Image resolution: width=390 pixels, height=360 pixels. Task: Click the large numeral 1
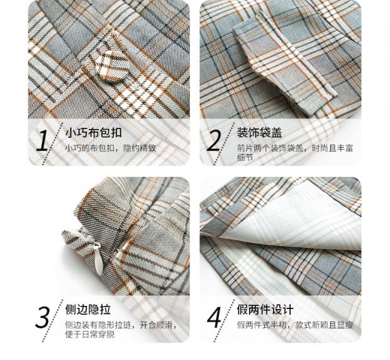(x=43, y=141)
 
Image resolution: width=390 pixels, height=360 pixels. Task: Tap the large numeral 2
(x=214, y=141)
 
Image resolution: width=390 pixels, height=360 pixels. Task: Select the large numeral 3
(x=43, y=317)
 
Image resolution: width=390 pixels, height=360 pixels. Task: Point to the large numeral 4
(x=214, y=317)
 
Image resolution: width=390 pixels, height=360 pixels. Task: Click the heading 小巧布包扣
(x=94, y=133)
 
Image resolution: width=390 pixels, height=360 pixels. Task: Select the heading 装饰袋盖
(x=259, y=133)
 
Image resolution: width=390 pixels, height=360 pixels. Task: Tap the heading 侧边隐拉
(x=88, y=310)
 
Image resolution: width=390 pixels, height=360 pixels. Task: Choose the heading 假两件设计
(x=265, y=310)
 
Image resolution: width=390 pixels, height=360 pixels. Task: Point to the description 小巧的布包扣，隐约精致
(x=111, y=149)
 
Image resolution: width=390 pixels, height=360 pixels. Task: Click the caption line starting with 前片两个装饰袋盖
(x=295, y=149)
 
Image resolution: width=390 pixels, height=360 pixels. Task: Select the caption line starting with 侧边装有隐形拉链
(x=121, y=325)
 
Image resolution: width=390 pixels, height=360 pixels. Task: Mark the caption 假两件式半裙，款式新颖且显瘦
(x=295, y=325)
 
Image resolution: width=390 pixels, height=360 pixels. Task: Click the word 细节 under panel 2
(x=245, y=157)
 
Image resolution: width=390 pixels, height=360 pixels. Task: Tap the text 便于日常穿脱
(x=90, y=334)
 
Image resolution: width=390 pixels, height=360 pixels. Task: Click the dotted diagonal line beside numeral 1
(x=53, y=143)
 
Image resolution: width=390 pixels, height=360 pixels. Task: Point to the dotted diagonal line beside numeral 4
(x=224, y=320)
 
